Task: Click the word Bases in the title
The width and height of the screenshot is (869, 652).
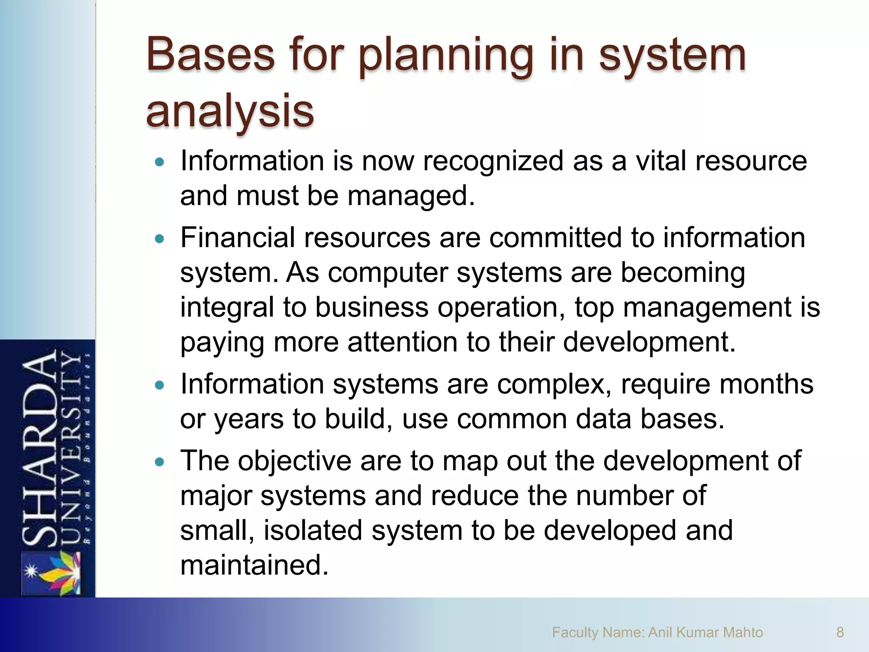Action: [x=210, y=55]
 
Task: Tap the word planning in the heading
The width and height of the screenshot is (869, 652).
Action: [x=445, y=57]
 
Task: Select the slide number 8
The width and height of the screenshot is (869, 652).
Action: [x=840, y=632]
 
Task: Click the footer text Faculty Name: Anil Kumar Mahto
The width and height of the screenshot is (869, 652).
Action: [x=657, y=632]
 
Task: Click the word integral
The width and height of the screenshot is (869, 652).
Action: [x=227, y=309]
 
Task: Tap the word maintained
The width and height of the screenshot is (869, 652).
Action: [x=254, y=565]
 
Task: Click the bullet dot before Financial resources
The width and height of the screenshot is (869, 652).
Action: [x=160, y=239]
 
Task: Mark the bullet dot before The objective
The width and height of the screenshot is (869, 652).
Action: [x=160, y=462]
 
